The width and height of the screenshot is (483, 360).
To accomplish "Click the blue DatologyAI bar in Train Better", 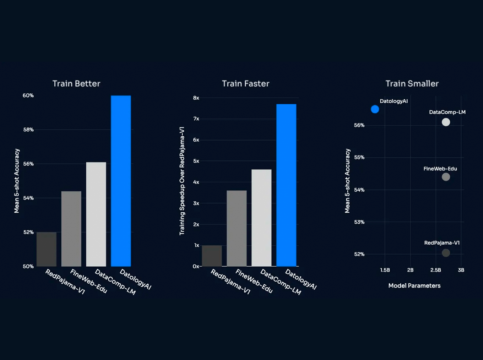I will (121, 181).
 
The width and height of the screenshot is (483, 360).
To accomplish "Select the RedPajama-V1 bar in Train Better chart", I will (47, 249).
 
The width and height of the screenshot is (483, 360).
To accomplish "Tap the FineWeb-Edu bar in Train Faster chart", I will (237, 228).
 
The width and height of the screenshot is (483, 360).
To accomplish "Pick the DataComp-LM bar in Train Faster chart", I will (261, 218).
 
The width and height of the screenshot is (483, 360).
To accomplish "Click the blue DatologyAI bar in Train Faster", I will (286, 185).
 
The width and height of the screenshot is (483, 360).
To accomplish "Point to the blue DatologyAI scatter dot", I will (375, 109).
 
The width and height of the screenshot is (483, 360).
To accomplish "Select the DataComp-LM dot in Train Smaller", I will (446, 122).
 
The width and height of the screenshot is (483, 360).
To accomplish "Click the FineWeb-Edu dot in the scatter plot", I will (446, 177).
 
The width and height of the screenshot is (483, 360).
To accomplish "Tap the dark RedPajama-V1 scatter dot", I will (446, 253).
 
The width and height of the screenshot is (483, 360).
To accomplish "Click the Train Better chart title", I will (76, 83).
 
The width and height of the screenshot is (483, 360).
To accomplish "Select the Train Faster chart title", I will (245, 83).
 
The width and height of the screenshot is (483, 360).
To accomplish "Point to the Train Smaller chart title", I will (412, 83).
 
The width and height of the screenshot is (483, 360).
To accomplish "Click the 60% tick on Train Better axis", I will (28, 96).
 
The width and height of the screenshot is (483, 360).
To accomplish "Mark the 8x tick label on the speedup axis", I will (196, 98).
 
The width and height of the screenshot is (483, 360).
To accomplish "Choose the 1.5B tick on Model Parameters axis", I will (385, 270).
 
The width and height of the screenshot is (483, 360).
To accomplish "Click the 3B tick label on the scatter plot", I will (461, 270).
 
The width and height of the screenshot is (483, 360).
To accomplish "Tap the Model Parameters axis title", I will (414, 286).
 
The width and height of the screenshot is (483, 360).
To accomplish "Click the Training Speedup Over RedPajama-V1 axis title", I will (182, 181).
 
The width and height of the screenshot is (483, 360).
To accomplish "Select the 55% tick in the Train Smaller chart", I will (359, 157).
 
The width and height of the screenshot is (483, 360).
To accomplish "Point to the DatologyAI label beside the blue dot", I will (394, 101).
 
